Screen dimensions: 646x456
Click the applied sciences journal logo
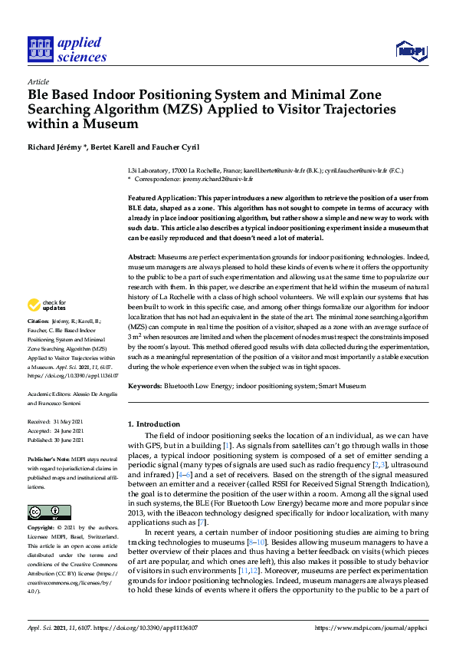point(67,49)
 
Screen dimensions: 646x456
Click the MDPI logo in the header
point(410,51)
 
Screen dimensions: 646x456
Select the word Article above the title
point(38,81)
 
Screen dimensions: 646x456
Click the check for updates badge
point(47,305)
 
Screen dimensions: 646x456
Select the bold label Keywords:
point(146,386)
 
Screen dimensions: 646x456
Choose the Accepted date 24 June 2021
point(67,430)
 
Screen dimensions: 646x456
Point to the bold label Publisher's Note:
point(49,456)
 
